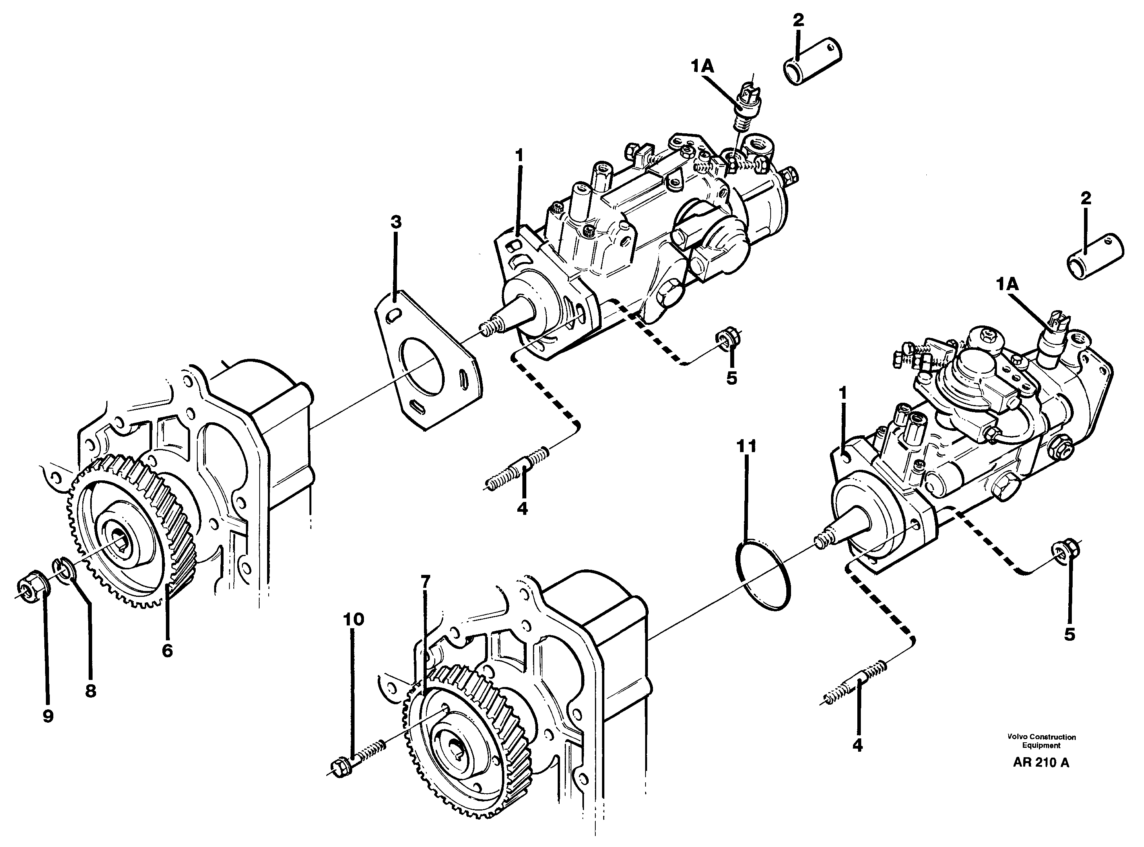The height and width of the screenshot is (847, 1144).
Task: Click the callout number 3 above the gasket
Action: click(395, 222)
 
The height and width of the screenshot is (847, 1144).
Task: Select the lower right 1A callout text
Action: click(1007, 284)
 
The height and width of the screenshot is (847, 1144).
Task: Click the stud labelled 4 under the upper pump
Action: click(519, 469)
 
